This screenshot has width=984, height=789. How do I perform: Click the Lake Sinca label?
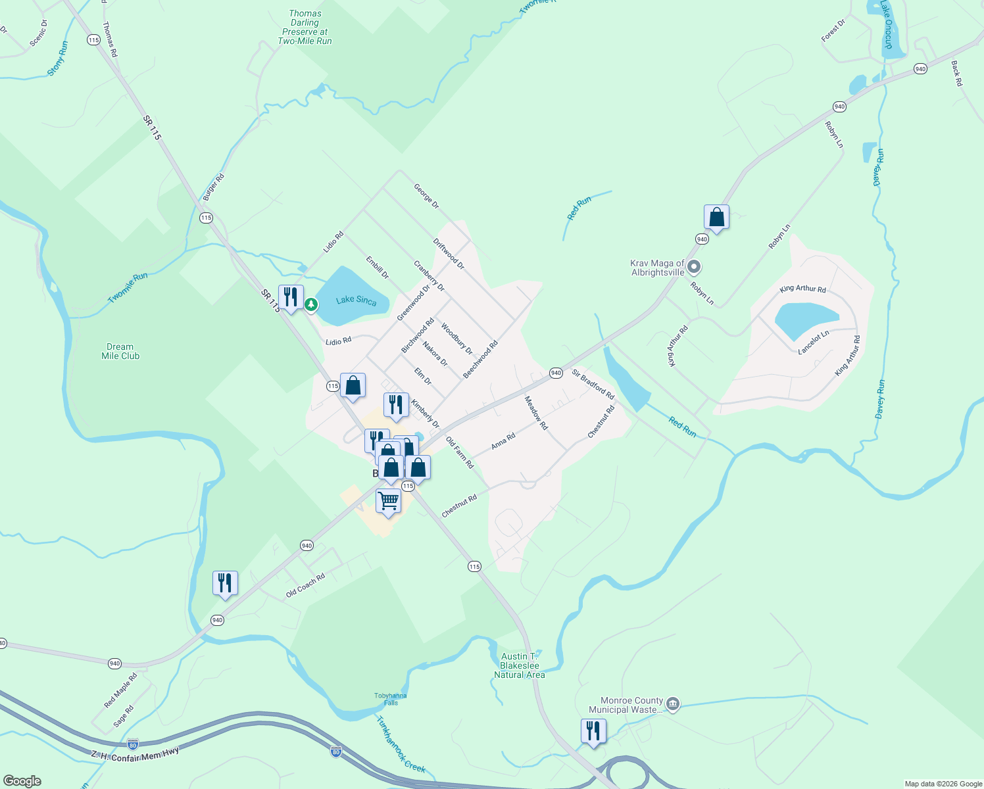[356, 300]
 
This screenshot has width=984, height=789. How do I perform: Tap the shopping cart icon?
[388, 501]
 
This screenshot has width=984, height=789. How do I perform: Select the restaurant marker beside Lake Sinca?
[290, 297]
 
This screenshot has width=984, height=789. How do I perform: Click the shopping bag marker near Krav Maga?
[716, 218]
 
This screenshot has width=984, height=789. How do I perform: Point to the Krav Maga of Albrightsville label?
[658, 268]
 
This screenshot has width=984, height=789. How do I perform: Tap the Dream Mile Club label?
[120, 351]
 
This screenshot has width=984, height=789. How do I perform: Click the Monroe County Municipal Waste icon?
[673, 704]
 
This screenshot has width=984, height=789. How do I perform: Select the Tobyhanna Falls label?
[391, 699]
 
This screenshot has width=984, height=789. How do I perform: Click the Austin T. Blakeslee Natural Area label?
[519, 665]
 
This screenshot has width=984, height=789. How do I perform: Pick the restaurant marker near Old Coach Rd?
[225, 583]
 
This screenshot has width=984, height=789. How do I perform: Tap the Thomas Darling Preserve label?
[305, 27]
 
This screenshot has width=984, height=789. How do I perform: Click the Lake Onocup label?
[887, 25]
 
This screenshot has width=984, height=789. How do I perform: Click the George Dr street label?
[426, 197]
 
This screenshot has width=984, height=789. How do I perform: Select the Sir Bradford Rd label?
[593, 385]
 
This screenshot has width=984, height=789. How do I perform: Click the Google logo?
[22, 781]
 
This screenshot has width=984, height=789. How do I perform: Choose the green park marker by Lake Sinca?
[311, 304]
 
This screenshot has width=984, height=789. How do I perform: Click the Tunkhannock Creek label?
[401, 744]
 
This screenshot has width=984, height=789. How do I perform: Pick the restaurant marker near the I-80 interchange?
[593, 730]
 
